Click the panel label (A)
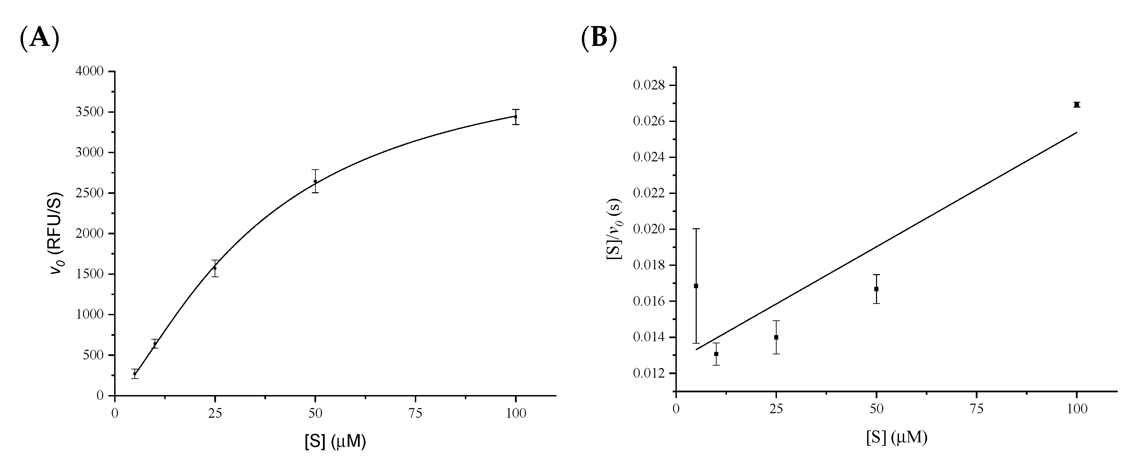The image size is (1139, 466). pyautogui.click(x=39, y=38)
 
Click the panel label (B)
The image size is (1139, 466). pyautogui.click(x=599, y=38)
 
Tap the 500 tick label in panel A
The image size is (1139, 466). pyautogui.click(x=94, y=355)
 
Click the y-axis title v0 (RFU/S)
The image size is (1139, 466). pyautogui.click(x=57, y=233)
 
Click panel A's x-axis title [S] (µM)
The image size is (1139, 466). pyautogui.click(x=335, y=442)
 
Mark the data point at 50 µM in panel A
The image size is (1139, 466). pyautogui.click(x=315, y=181)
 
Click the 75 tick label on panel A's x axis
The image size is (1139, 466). pyautogui.click(x=415, y=414)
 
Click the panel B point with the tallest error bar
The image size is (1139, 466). pyautogui.click(x=696, y=286)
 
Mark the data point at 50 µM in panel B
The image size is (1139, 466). pyautogui.click(x=876, y=289)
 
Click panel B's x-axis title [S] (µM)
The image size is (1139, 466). pyautogui.click(x=897, y=437)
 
